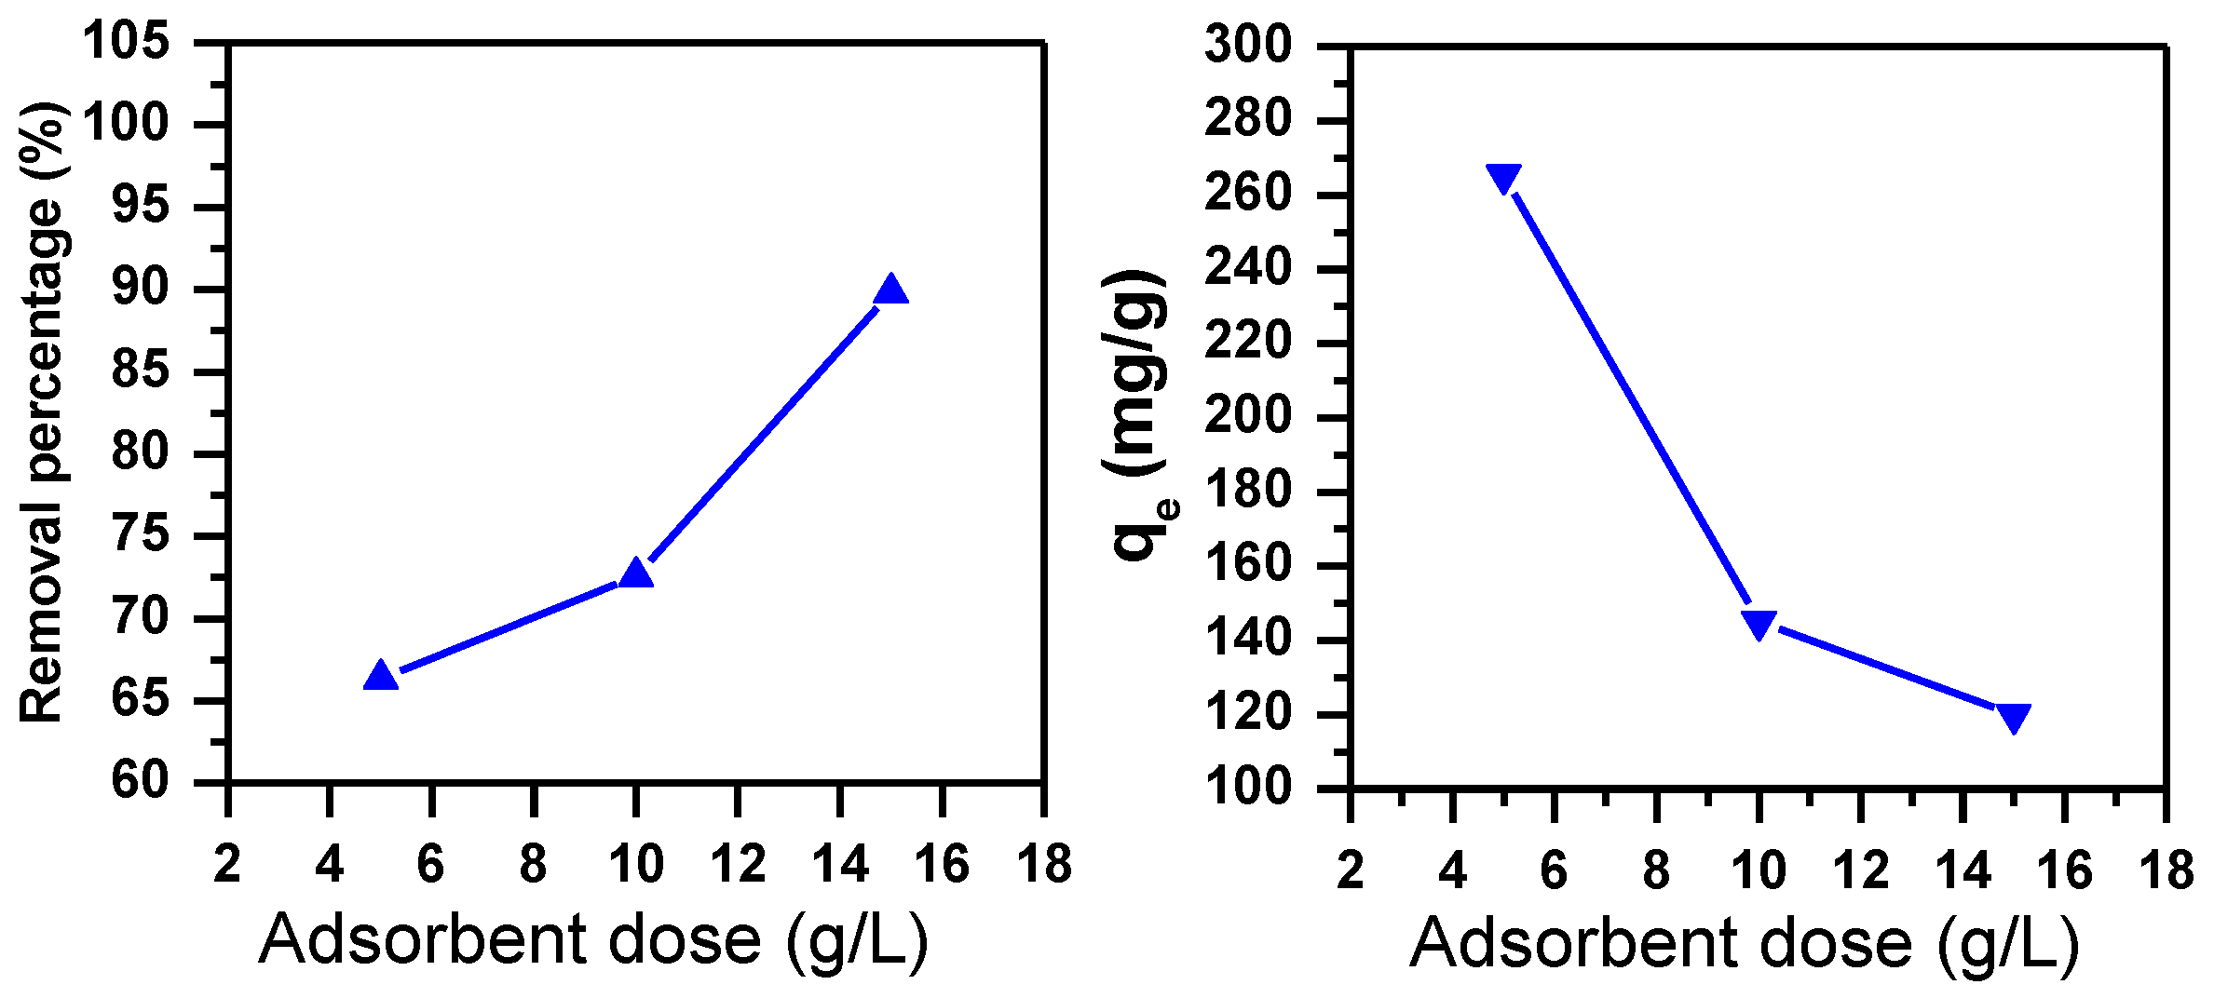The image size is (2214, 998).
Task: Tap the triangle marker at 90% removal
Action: point(891,290)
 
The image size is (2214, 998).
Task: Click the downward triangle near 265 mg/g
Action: point(1503,177)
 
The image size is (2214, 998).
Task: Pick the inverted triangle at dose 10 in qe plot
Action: point(1759,624)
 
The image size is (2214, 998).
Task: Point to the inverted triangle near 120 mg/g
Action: point(2014,717)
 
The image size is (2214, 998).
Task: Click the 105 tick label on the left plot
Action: point(127,42)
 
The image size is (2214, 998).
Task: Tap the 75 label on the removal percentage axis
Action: point(141,535)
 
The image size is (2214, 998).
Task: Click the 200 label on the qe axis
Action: point(1248,416)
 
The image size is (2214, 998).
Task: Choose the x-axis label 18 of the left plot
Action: point(1044,864)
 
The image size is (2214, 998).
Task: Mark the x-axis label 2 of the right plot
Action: point(1351,870)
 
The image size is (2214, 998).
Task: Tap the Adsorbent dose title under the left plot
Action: point(593,940)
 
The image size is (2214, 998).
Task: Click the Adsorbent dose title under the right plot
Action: point(1745,944)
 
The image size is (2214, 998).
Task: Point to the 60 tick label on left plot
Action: point(141,780)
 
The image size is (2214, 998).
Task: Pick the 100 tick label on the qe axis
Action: point(1248,788)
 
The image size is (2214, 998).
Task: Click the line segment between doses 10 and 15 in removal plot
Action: point(764,432)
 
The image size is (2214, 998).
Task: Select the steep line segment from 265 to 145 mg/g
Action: point(1631,400)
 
